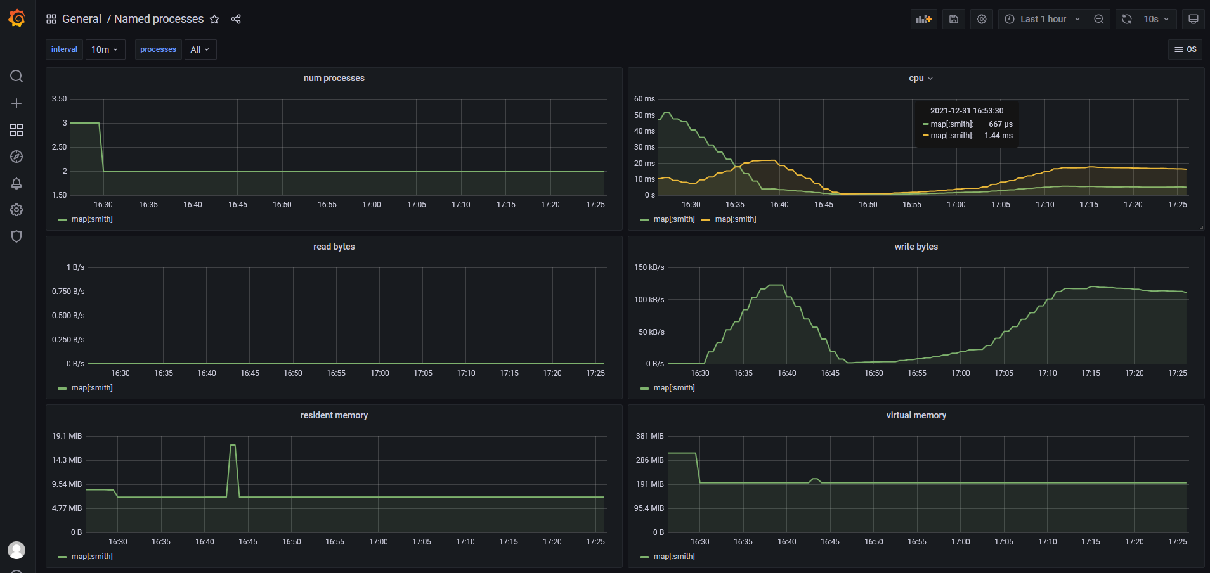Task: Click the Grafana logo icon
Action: click(x=17, y=18)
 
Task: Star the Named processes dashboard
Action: click(x=214, y=19)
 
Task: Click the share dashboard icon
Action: click(x=236, y=19)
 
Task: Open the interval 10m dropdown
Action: click(x=105, y=49)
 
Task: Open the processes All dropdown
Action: click(x=200, y=49)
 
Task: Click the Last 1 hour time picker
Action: click(x=1043, y=19)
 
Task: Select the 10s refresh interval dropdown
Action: click(x=1156, y=19)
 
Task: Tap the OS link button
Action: click(x=1185, y=49)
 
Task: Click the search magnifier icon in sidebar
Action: click(x=16, y=76)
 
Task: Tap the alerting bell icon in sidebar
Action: click(x=16, y=183)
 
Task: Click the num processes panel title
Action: click(x=334, y=78)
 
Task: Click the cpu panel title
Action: click(x=916, y=78)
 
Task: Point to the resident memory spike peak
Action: click(x=233, y=446)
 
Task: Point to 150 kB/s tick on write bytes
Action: click(x=649, y=267)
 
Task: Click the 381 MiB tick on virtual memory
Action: click(x=649, y=436)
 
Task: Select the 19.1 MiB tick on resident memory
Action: click(x=67, y=436)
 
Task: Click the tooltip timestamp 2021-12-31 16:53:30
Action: click(x=966, y=111)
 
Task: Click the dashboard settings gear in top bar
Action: click(x=982, y=19)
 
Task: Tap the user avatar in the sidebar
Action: click(x=16, y=550)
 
